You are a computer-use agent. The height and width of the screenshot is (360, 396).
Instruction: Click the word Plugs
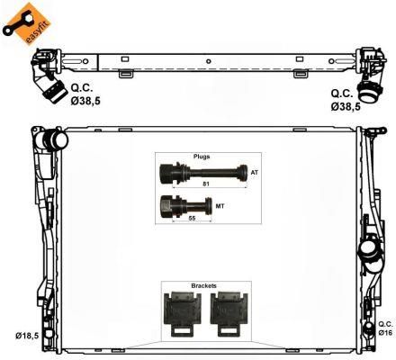(202, 157)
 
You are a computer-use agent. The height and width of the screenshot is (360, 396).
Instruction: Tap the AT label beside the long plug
(254, 173)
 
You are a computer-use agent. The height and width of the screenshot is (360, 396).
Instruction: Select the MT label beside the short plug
(220, 206)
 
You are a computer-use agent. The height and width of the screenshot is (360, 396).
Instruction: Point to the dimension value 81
(206, 184)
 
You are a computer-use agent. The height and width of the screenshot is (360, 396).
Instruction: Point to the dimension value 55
(192, 219)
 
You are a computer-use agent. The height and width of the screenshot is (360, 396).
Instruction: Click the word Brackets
(204, 286)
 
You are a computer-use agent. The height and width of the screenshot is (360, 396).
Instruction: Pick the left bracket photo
(183, 314)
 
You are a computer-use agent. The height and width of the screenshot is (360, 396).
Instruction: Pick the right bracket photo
(229, 314)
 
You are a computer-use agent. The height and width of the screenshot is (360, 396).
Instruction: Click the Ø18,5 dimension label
(27, 336)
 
